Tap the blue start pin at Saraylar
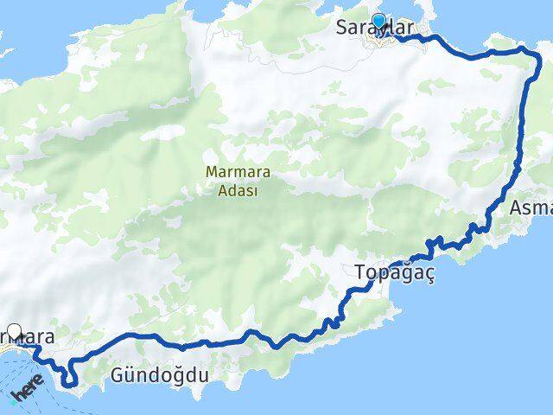(378, 22)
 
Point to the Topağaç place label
(394, 274)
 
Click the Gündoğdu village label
(161, 375)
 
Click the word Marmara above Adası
(232, 172)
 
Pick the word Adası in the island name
(232, 191)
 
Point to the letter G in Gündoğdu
(118, 375)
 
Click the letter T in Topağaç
(360, 274)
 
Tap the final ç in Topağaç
(427, 276)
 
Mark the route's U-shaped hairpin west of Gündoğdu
(67, 377)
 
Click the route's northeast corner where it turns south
(528, 53)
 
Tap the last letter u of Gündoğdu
(204, 375)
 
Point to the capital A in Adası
(212, 191)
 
